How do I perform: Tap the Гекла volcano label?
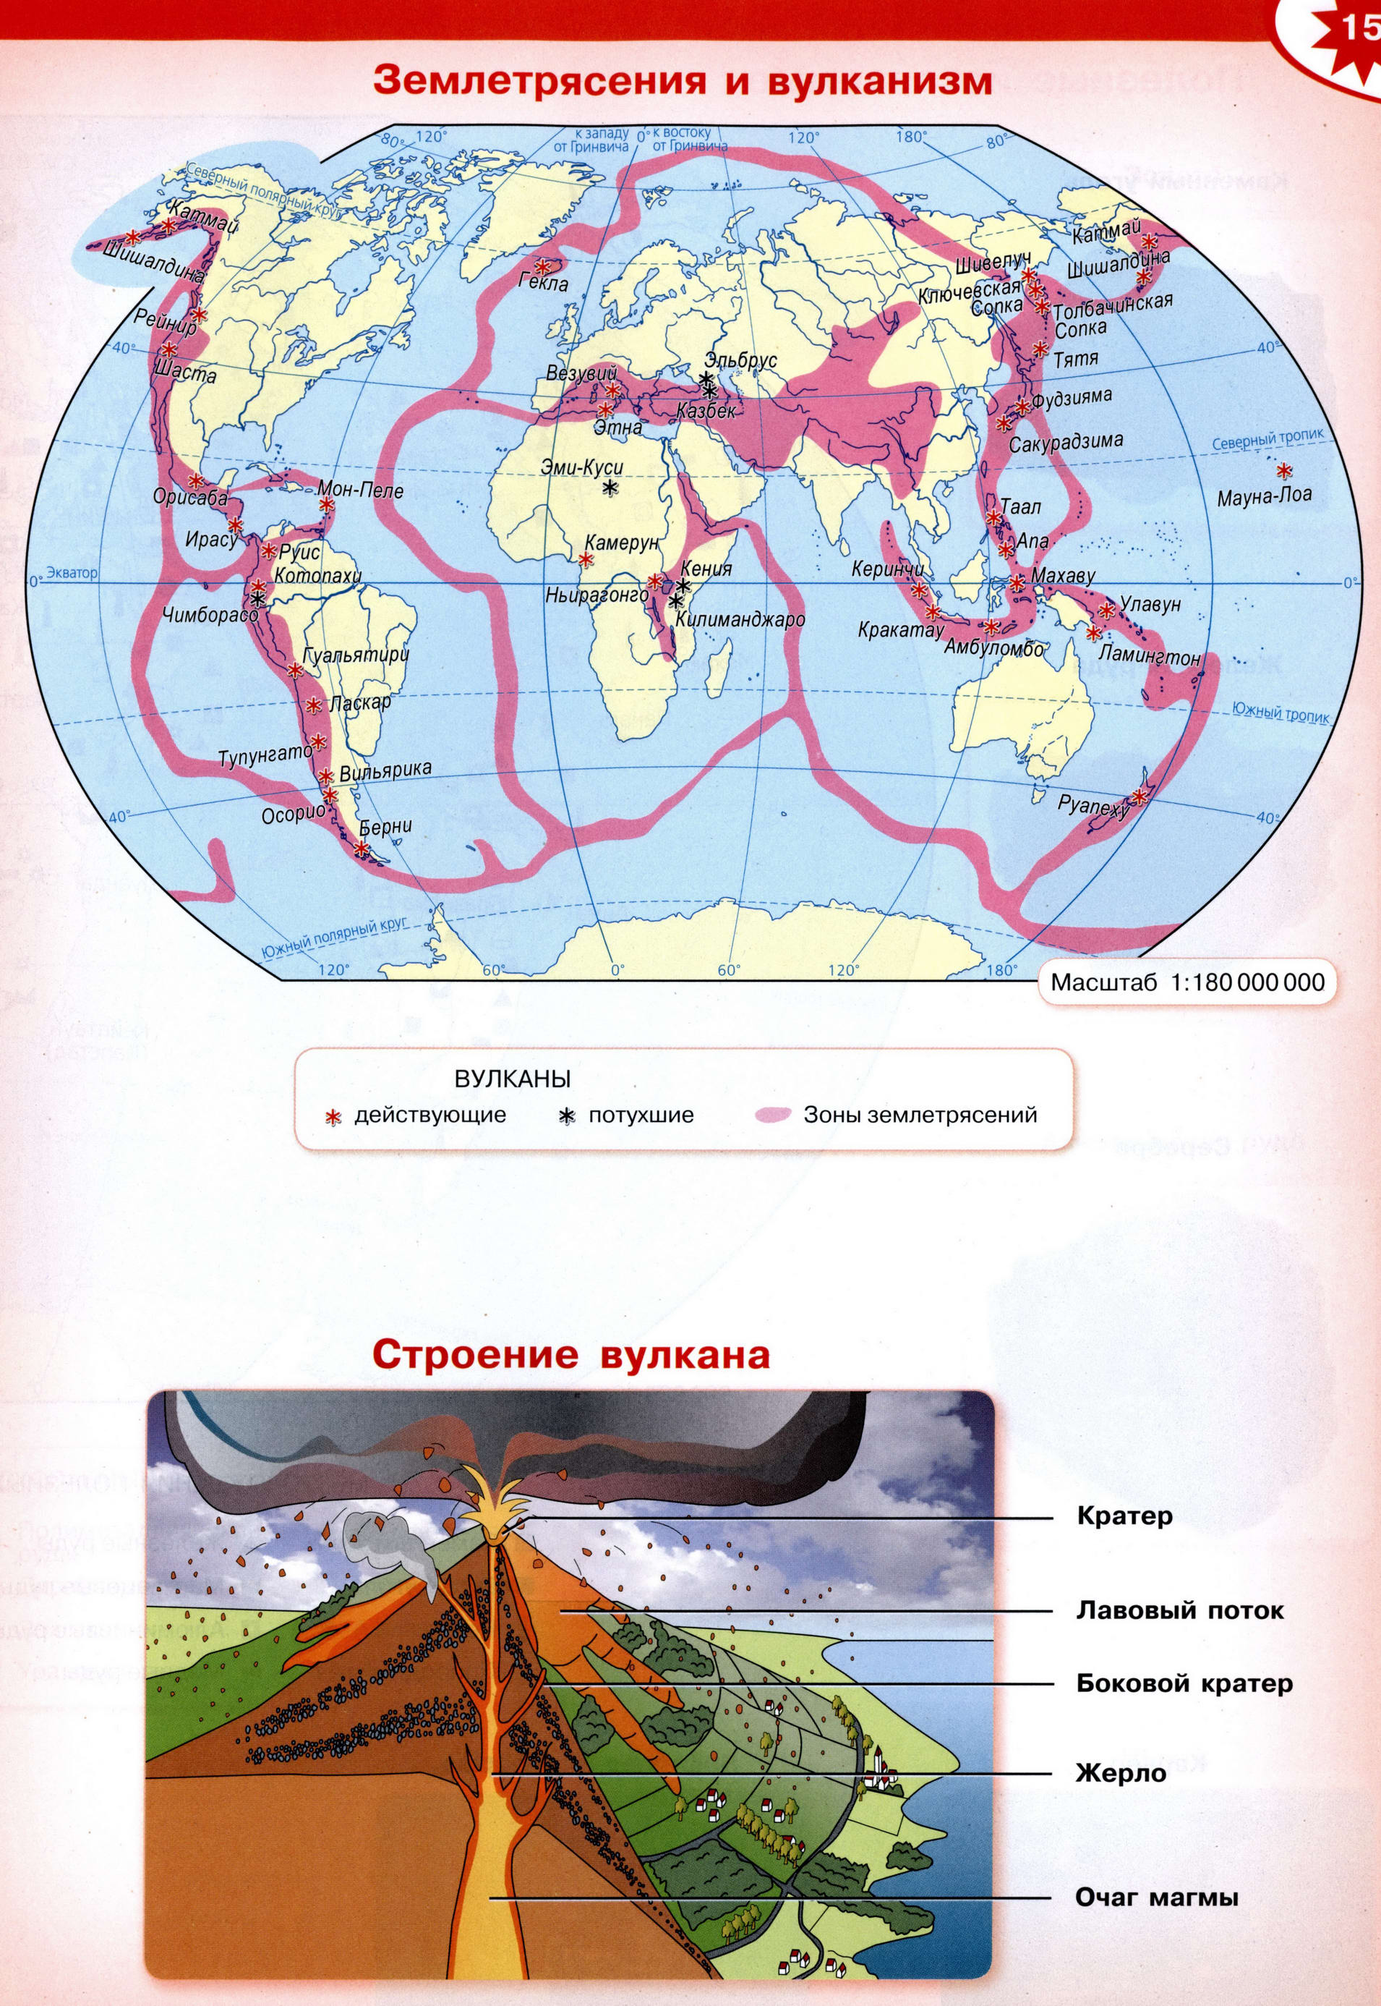click(x=544, y=283)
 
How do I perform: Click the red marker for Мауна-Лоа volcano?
click(x=1284, y=471)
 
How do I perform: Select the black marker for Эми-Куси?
click(x=610, y=488)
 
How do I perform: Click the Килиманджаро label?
click(x=740, y=619)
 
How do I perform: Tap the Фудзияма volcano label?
click(x=1072, y=399)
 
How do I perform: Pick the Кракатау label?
click(x=901, y=629)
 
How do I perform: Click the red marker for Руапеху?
click(x=1140, y=796)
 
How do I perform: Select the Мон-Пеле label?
click(x=361, y=490)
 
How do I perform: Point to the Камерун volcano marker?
click(x=586, y=559)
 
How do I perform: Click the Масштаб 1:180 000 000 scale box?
click(x=1187, y=982)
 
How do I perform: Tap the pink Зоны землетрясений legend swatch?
click(x=774, y=1115)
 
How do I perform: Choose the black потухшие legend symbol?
click(x=567, y=1116)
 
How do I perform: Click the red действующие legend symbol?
click(x=331, y=1116)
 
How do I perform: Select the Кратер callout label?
click(x=1124, y=1515)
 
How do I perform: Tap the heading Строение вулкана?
click(x=570, y=1355)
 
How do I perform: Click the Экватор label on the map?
click(x=72, y=573)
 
